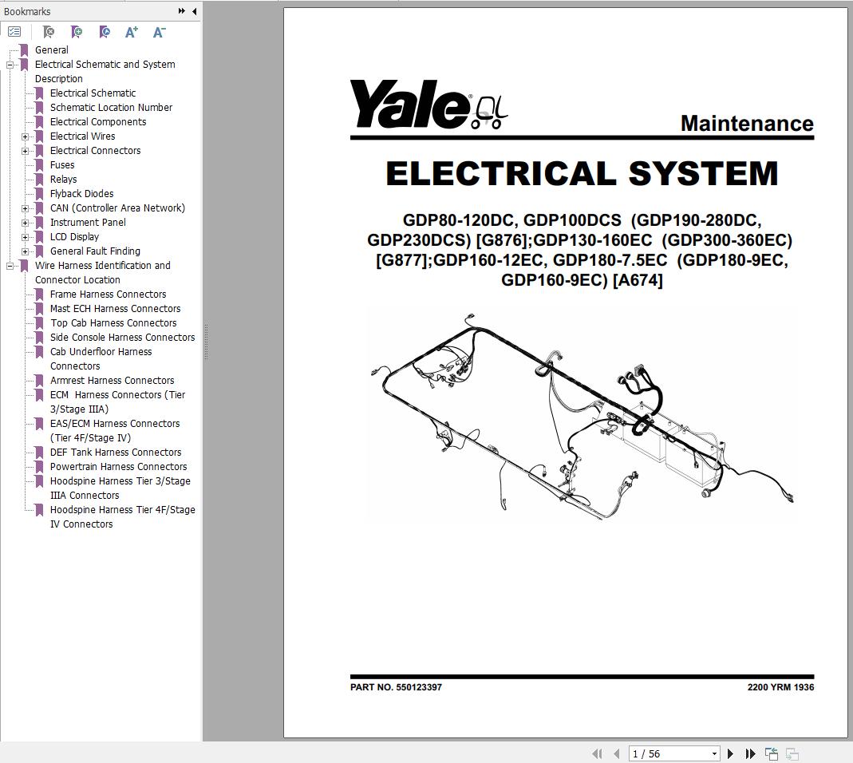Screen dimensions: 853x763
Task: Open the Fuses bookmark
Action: [62, 165]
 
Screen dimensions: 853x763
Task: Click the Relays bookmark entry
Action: [63, 179]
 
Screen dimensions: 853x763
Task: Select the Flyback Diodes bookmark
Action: [81, 194]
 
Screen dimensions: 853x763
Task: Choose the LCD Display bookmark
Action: [74, 237]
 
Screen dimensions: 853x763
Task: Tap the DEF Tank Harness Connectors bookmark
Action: [116, 453]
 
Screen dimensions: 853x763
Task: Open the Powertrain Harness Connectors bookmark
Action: [118, 466]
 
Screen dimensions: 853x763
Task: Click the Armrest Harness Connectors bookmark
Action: [112, 381]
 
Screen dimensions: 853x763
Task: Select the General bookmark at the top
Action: [52, 50]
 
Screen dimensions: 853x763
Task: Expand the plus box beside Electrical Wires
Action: [25, 136]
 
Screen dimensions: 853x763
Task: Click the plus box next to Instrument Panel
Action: [25, 223]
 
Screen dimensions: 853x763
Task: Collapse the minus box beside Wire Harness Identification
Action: [10, 266]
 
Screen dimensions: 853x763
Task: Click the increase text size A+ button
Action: [131, 32]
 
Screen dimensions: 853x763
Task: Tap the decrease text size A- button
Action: [159, 32]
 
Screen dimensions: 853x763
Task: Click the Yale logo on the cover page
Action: [428, 105]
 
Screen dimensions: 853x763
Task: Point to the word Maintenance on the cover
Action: [747, 124]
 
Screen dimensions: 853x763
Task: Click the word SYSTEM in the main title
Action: [704, 173]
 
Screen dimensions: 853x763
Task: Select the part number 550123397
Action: [419, 687]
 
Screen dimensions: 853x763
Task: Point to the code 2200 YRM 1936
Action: [780, 687]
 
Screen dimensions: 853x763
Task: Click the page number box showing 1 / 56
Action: [674, 753]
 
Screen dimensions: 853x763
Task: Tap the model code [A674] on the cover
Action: [638, 280]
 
